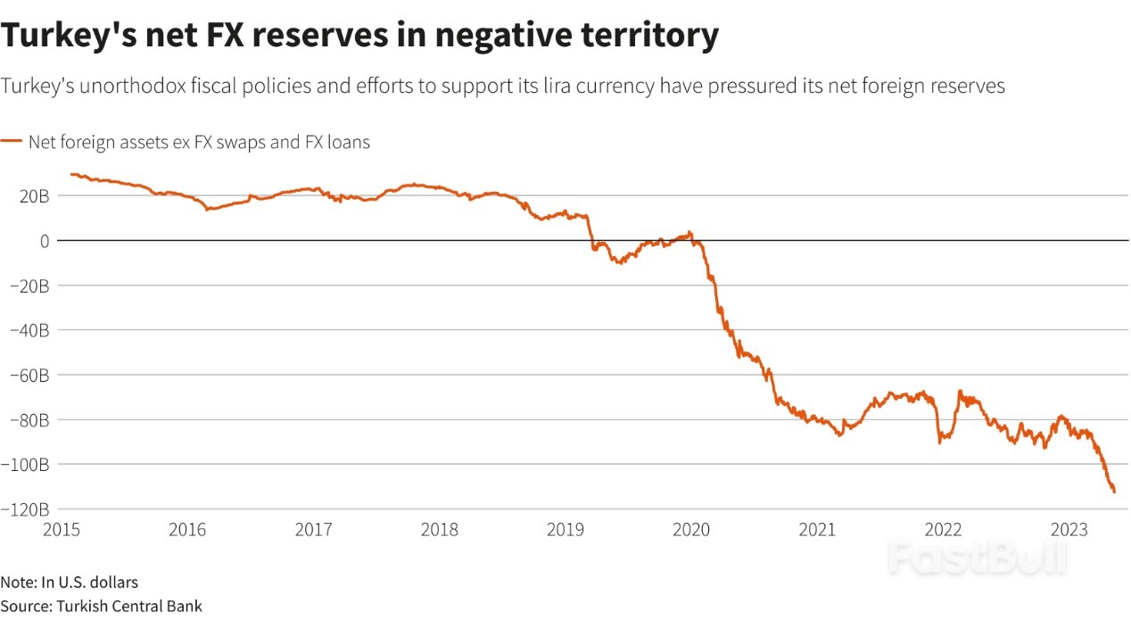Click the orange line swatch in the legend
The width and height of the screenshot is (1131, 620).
click(x=12, y=141)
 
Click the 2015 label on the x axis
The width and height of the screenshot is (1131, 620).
click(x=62, y=530)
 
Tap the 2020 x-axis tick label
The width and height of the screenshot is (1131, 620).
click(x=691, y=530)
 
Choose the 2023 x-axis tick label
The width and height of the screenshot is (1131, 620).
click(x=1068, y=530)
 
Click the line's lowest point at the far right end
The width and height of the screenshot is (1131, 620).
click(x=1114, y=492)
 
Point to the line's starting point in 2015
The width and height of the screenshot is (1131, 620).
click(x=70, y=174)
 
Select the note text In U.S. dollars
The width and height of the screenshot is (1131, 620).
click(x=89, y=583)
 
